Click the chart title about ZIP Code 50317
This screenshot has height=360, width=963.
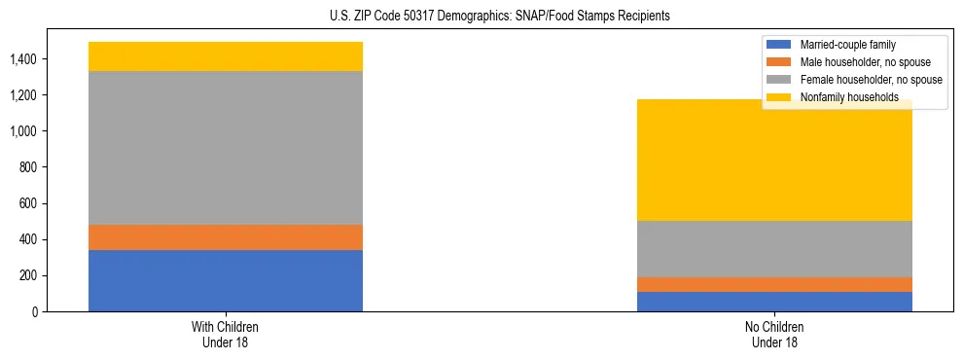481,17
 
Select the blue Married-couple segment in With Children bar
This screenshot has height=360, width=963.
226,281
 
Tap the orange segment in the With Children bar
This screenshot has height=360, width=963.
226,237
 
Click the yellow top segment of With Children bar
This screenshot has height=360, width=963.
226,56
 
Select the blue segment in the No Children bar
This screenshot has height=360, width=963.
774,302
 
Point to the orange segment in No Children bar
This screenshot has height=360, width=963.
774,284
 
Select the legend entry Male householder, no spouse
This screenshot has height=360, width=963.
861,62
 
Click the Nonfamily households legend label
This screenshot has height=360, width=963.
843,97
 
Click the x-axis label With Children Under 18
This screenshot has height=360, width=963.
226,334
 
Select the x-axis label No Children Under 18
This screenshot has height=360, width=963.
774,334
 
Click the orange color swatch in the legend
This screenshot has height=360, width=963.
779,62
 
